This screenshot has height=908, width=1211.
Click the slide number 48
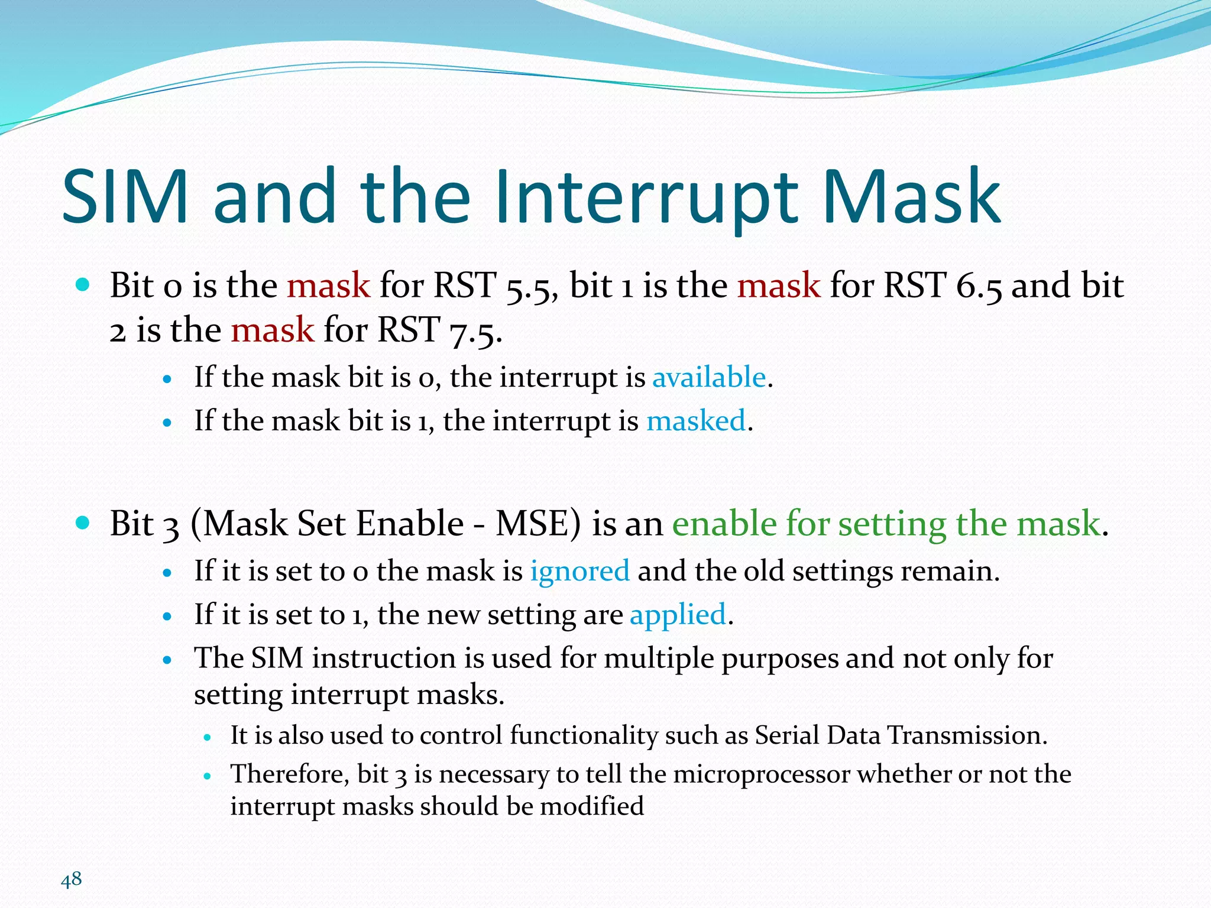coord(71,880)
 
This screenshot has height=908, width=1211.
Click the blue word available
coord(709,377)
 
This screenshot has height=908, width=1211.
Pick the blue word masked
coord(696,421)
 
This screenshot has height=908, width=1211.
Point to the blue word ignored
coord(579,571)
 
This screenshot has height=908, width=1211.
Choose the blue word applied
coord(678,615)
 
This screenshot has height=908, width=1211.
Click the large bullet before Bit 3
coord(83,523)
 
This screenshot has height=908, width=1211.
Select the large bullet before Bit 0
coord(83,285)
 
